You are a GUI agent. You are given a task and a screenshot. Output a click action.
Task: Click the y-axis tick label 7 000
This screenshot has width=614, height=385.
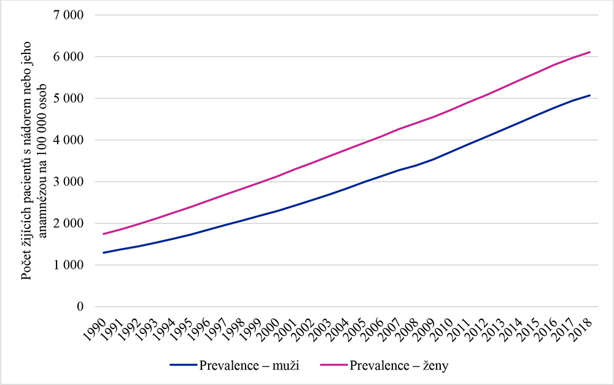[x=70, y=15]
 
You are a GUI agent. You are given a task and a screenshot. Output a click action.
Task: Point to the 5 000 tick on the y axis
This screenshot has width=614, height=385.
[x=70, y=98]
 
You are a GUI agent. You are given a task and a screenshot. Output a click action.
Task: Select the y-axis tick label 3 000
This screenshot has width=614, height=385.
[x=70, y=182]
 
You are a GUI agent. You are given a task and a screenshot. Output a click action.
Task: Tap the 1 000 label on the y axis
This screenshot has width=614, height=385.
[x=70, y=265]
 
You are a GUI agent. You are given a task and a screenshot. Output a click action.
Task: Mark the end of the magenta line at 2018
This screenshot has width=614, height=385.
[x=590, y=52]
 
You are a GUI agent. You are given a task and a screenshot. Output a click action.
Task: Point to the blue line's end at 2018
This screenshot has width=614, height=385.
[x=590, y=95]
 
